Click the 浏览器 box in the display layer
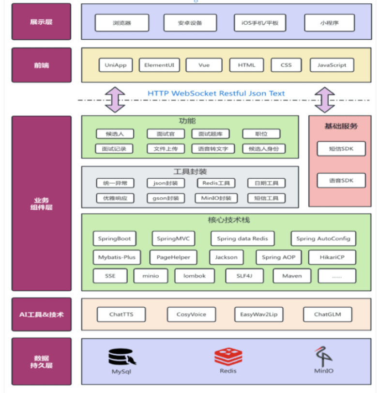pyautogui.click(x=121, y=23)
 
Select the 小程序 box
pyautogui.click(x=329, y=23)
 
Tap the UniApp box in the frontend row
pyautogui.click(x=116, y=65)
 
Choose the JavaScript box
pyautogui.click(x=332, y=65)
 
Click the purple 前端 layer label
pyautogui.click(x=41, y=65)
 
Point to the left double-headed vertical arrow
pyautogui.click(x=115, y=100)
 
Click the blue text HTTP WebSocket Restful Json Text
pyautogui.click(x=216, y=93)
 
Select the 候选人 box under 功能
pyautogui.click(x=115, y=134)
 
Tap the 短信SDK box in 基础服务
pyautogui.click(x=341, y=149)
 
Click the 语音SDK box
pyautogui.click(x=341, y=180)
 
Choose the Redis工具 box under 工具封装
pyautogui.click(x=216, y=183)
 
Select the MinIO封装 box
pyautogui.click(x=216, y=198)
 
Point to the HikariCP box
pyautogui.click(x=332, y=257)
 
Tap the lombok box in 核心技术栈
pyautogui.click(x=194, y=276)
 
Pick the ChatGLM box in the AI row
pyautogui.click(x=327, y=314)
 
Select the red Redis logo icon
pyautogui.click(x=228, y=357)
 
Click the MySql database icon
pyautogui.click(x=121, y=357)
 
